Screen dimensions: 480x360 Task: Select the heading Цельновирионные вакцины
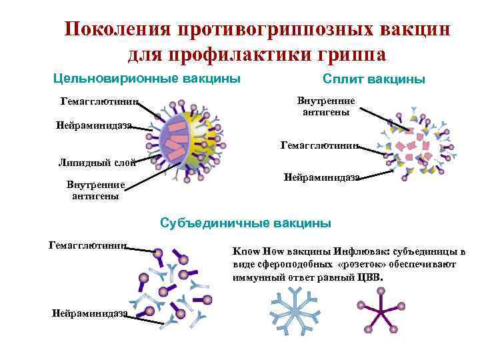click(147, 79)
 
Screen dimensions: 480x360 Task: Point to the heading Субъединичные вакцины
click(245, 223)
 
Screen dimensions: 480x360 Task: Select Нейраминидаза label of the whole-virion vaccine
click(95, 125)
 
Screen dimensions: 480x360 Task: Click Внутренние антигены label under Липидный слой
click(96, 189)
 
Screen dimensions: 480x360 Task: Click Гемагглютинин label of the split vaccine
click(321, 144)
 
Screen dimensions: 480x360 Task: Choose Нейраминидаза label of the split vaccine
click(322, 177)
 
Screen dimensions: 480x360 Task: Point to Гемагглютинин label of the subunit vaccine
click(88, 245)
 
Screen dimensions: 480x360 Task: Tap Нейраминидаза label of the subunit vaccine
click(89, 314)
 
